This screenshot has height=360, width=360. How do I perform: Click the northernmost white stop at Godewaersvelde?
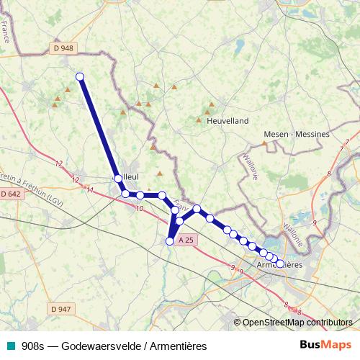click(x=80, y=76)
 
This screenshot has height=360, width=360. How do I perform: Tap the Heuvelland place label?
click(x=228, y=122)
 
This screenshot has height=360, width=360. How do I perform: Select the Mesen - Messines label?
click(x=296, y=134)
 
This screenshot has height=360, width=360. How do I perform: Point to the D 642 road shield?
click(x=11, y=194)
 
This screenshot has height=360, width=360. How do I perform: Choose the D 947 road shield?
click(x=62, y=309)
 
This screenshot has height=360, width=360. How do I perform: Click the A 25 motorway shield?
click(x=185, y=240)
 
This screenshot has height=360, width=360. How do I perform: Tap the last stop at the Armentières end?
click(x=280, y=264)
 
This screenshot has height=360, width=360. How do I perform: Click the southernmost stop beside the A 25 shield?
click(x=170, y=241)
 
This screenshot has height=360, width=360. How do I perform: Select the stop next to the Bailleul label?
click(x=117, y=176)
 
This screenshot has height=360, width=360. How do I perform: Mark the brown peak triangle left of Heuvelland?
click(x=199, y=120)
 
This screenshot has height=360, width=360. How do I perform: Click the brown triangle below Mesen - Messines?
click(x=264, y=143)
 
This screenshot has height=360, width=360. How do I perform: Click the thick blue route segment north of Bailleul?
click(x=98, y=126)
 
